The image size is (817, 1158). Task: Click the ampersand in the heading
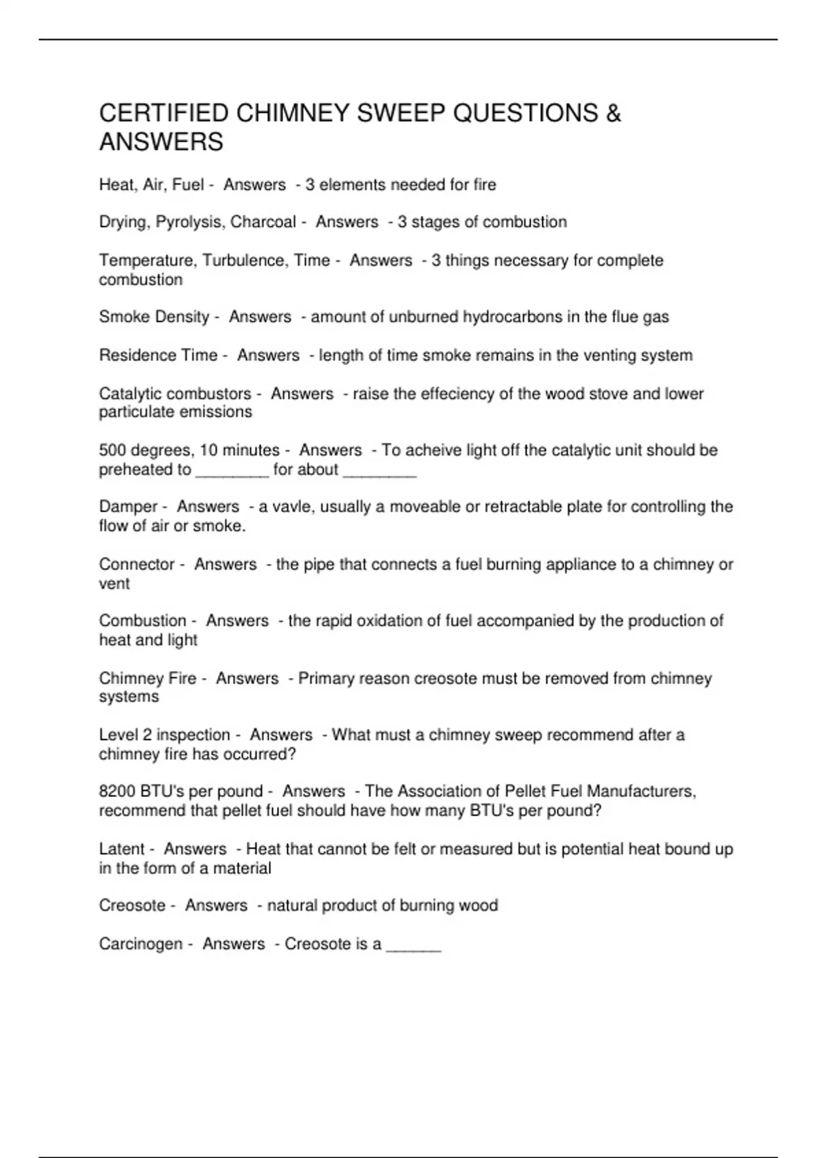[x=613, y=112]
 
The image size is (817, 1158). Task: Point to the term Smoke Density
[x=155, y=317]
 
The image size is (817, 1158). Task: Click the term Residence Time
[x=158, y=355]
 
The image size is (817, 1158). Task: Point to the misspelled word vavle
[x=290, y=507]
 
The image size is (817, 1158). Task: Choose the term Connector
[x=137, y=564]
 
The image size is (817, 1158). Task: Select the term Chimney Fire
[x=148, y=678]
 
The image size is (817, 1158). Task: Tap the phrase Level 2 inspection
[x=165, y=735]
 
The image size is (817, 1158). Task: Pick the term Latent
[x=122, y=849]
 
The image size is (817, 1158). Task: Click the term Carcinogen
[x=141, y=944]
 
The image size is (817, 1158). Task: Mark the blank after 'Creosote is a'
[x=414, y=946]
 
